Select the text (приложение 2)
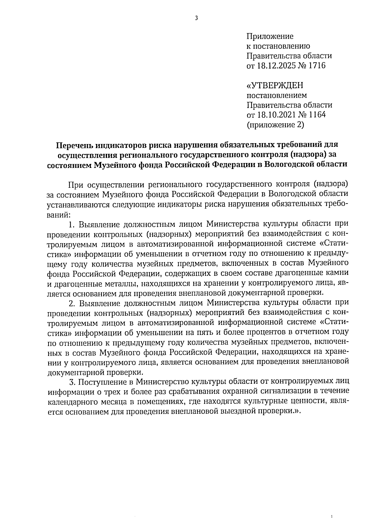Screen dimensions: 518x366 (x=275, y=125)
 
